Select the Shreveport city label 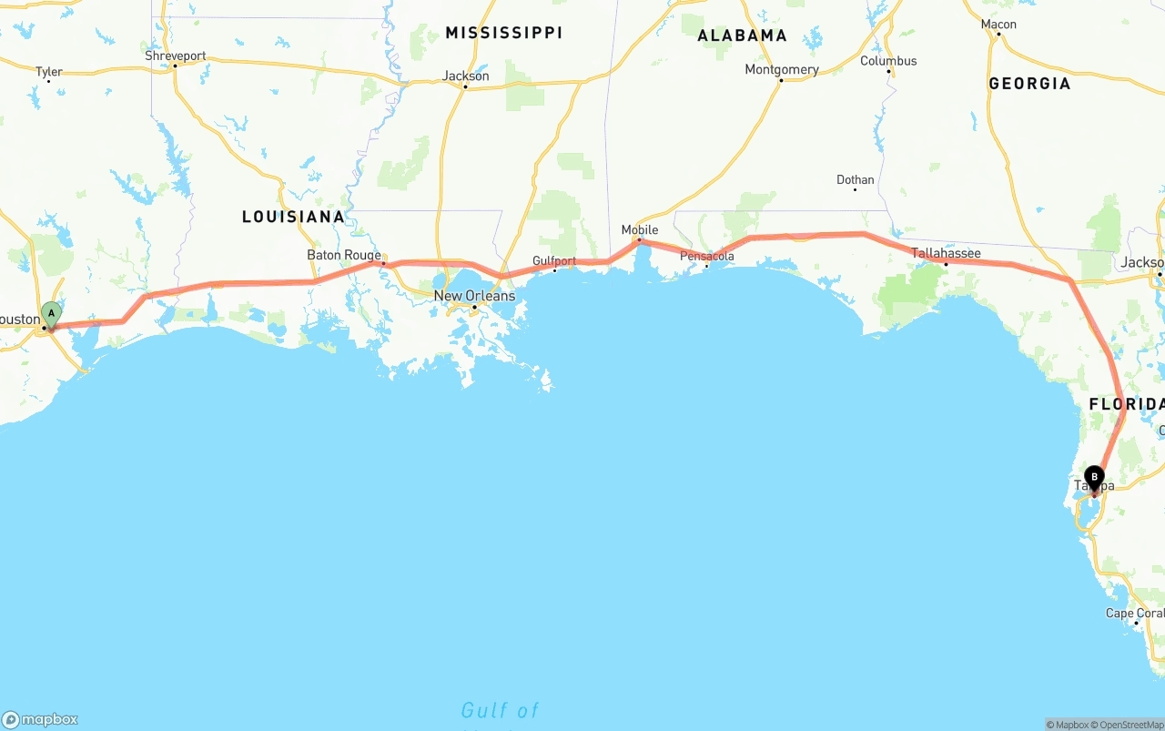[x=176, y=56]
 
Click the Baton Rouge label [x=344, y=255]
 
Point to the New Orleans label [x=474, y=296]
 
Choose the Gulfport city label [x=554, y=261]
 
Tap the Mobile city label [x=639, y=230]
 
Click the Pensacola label [x=707, y=257]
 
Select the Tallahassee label [x=946, y=253]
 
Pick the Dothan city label [x=855, y=180]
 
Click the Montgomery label [x=781, y=70]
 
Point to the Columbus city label [x=888, y=61]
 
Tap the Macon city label [x=998, y=25]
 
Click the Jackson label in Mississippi [x=465, y=76]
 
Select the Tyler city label [x=48, y=72]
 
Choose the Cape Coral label [x=1134, y=614]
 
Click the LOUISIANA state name [x=293, y=217]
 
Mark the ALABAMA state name [x=742, y=36]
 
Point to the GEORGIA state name [x=1029, y=83]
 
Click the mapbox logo [x=40, y=719]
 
